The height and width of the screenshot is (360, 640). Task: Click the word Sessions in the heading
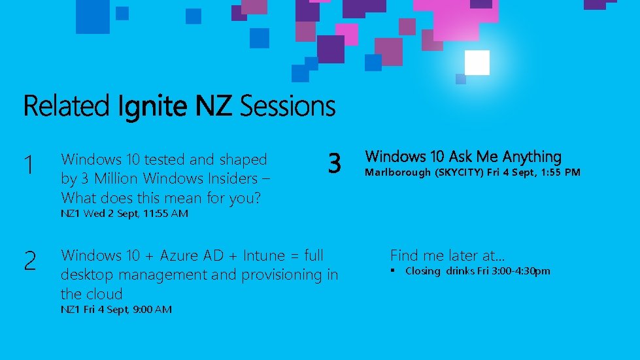[288, 106]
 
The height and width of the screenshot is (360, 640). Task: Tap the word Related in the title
[66, 106]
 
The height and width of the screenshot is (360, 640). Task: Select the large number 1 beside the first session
[28, 165]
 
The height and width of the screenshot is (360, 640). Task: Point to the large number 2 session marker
[29, 261]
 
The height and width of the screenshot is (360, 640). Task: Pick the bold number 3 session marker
[334, 163]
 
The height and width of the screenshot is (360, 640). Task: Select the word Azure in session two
[181, 255]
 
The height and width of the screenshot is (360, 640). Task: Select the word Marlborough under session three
[397, 172]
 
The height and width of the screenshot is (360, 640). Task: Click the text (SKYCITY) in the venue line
[459, 172]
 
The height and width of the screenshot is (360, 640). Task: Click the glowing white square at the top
[477, 63]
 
